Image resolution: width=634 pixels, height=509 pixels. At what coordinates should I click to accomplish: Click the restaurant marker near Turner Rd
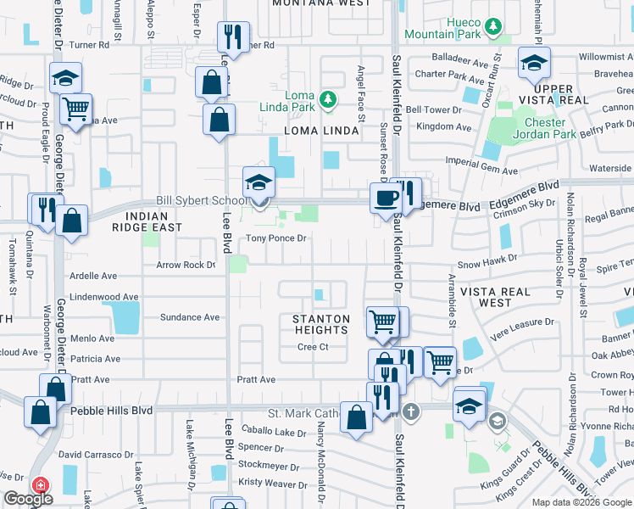(x=231, y=37)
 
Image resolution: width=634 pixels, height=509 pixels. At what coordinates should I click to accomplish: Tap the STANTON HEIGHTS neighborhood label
(x=320, y=325)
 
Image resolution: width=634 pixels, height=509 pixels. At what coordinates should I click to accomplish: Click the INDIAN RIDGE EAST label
(x=147, y=222)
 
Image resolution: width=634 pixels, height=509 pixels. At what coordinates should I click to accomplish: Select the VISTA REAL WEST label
(x=495, y=297)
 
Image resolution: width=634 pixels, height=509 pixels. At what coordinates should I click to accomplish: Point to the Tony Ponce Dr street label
(x=275, y=238)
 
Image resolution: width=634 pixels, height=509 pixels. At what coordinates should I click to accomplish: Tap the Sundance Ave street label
(x=190, y=317)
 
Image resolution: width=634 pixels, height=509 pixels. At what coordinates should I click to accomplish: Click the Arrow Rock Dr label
(x=186, y=266)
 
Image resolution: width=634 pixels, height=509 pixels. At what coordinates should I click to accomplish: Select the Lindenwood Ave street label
(x=104, y=297)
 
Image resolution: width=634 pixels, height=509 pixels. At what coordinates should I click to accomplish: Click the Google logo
(x=28, y=499)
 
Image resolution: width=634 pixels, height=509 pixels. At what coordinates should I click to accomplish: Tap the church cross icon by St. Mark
(x=411, y=413)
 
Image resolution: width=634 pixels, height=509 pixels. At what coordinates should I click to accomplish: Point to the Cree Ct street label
(x=313, y=347)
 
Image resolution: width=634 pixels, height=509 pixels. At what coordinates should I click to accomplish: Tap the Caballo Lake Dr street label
(x=274, y=433)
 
